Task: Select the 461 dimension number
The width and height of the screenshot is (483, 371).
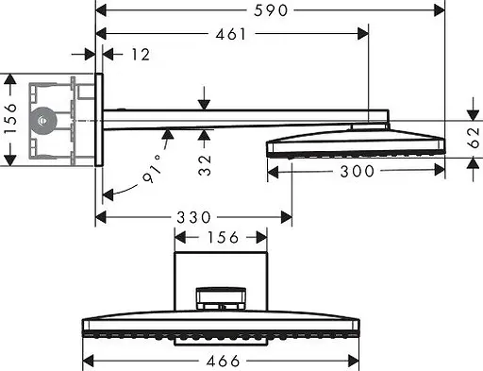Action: pyautogui.click(x=230, y=35)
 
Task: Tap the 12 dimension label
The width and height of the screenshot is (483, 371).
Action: pyautogui.click(x=140, y=55)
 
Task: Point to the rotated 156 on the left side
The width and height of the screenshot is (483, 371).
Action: pyautogui.click(x=10, y=120)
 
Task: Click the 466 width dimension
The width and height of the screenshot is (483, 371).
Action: pyautogui.click(x=224, y=361)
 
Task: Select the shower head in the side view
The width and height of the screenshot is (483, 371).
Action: pyautogui.click(x=356, y=143)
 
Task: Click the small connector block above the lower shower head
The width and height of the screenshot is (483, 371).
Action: pyautogui.click(x=223, y=298)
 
